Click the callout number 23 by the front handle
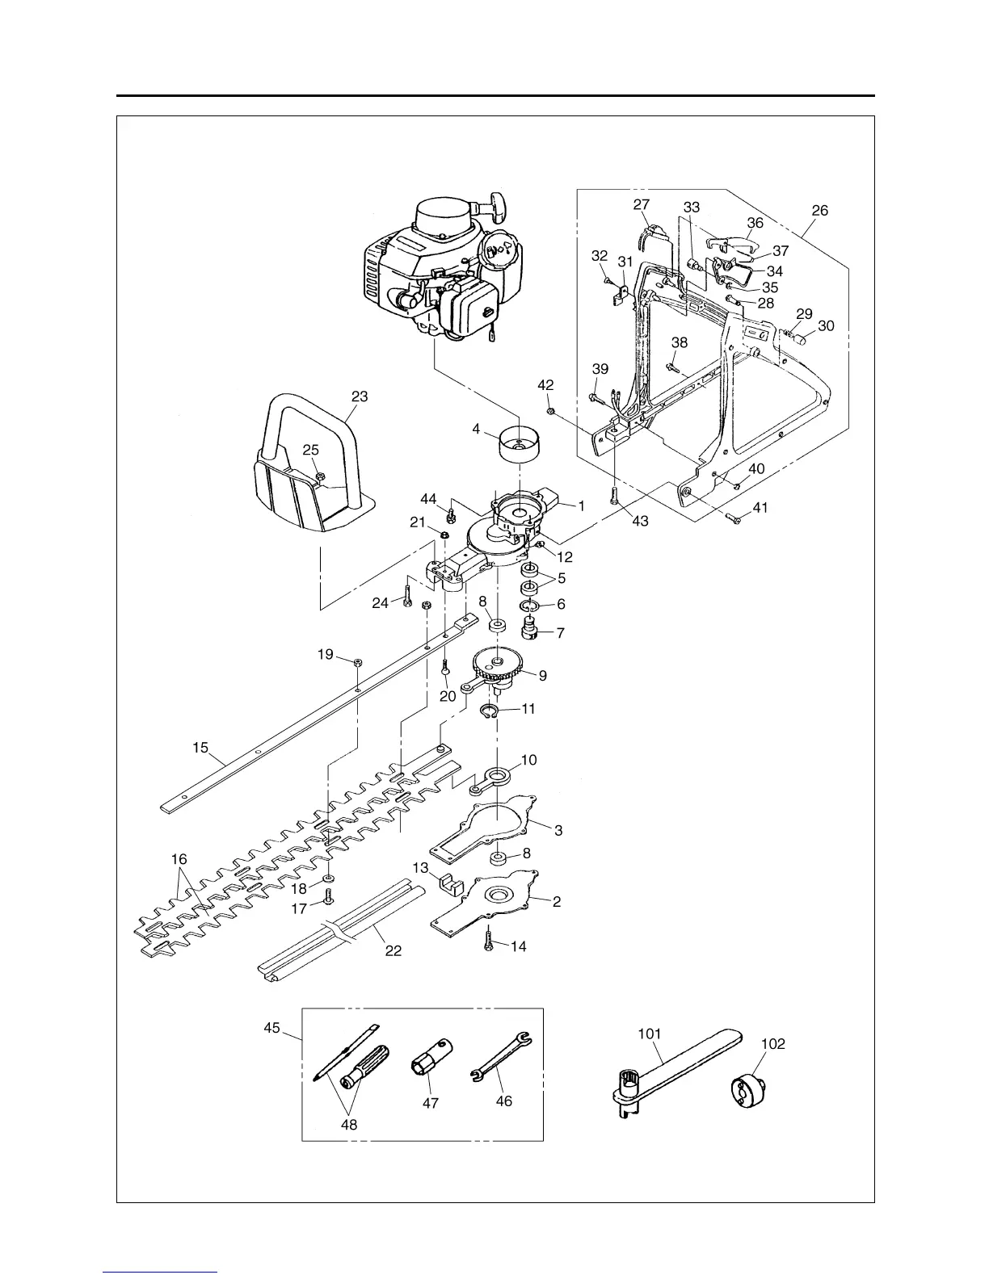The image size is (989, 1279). click(x=360, y=396)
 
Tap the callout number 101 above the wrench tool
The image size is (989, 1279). click(x=650, y=1034)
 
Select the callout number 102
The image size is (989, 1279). click(x=773, y=1043)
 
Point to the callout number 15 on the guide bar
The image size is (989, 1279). click(x=200, y=748)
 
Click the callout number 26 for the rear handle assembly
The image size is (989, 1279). click(x=819, y=210)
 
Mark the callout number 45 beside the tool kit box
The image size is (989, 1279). click(x=271, y=1028)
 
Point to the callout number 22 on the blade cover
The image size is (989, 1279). click(x=393, y=950)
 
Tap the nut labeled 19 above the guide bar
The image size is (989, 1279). click(x=358, y=662)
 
